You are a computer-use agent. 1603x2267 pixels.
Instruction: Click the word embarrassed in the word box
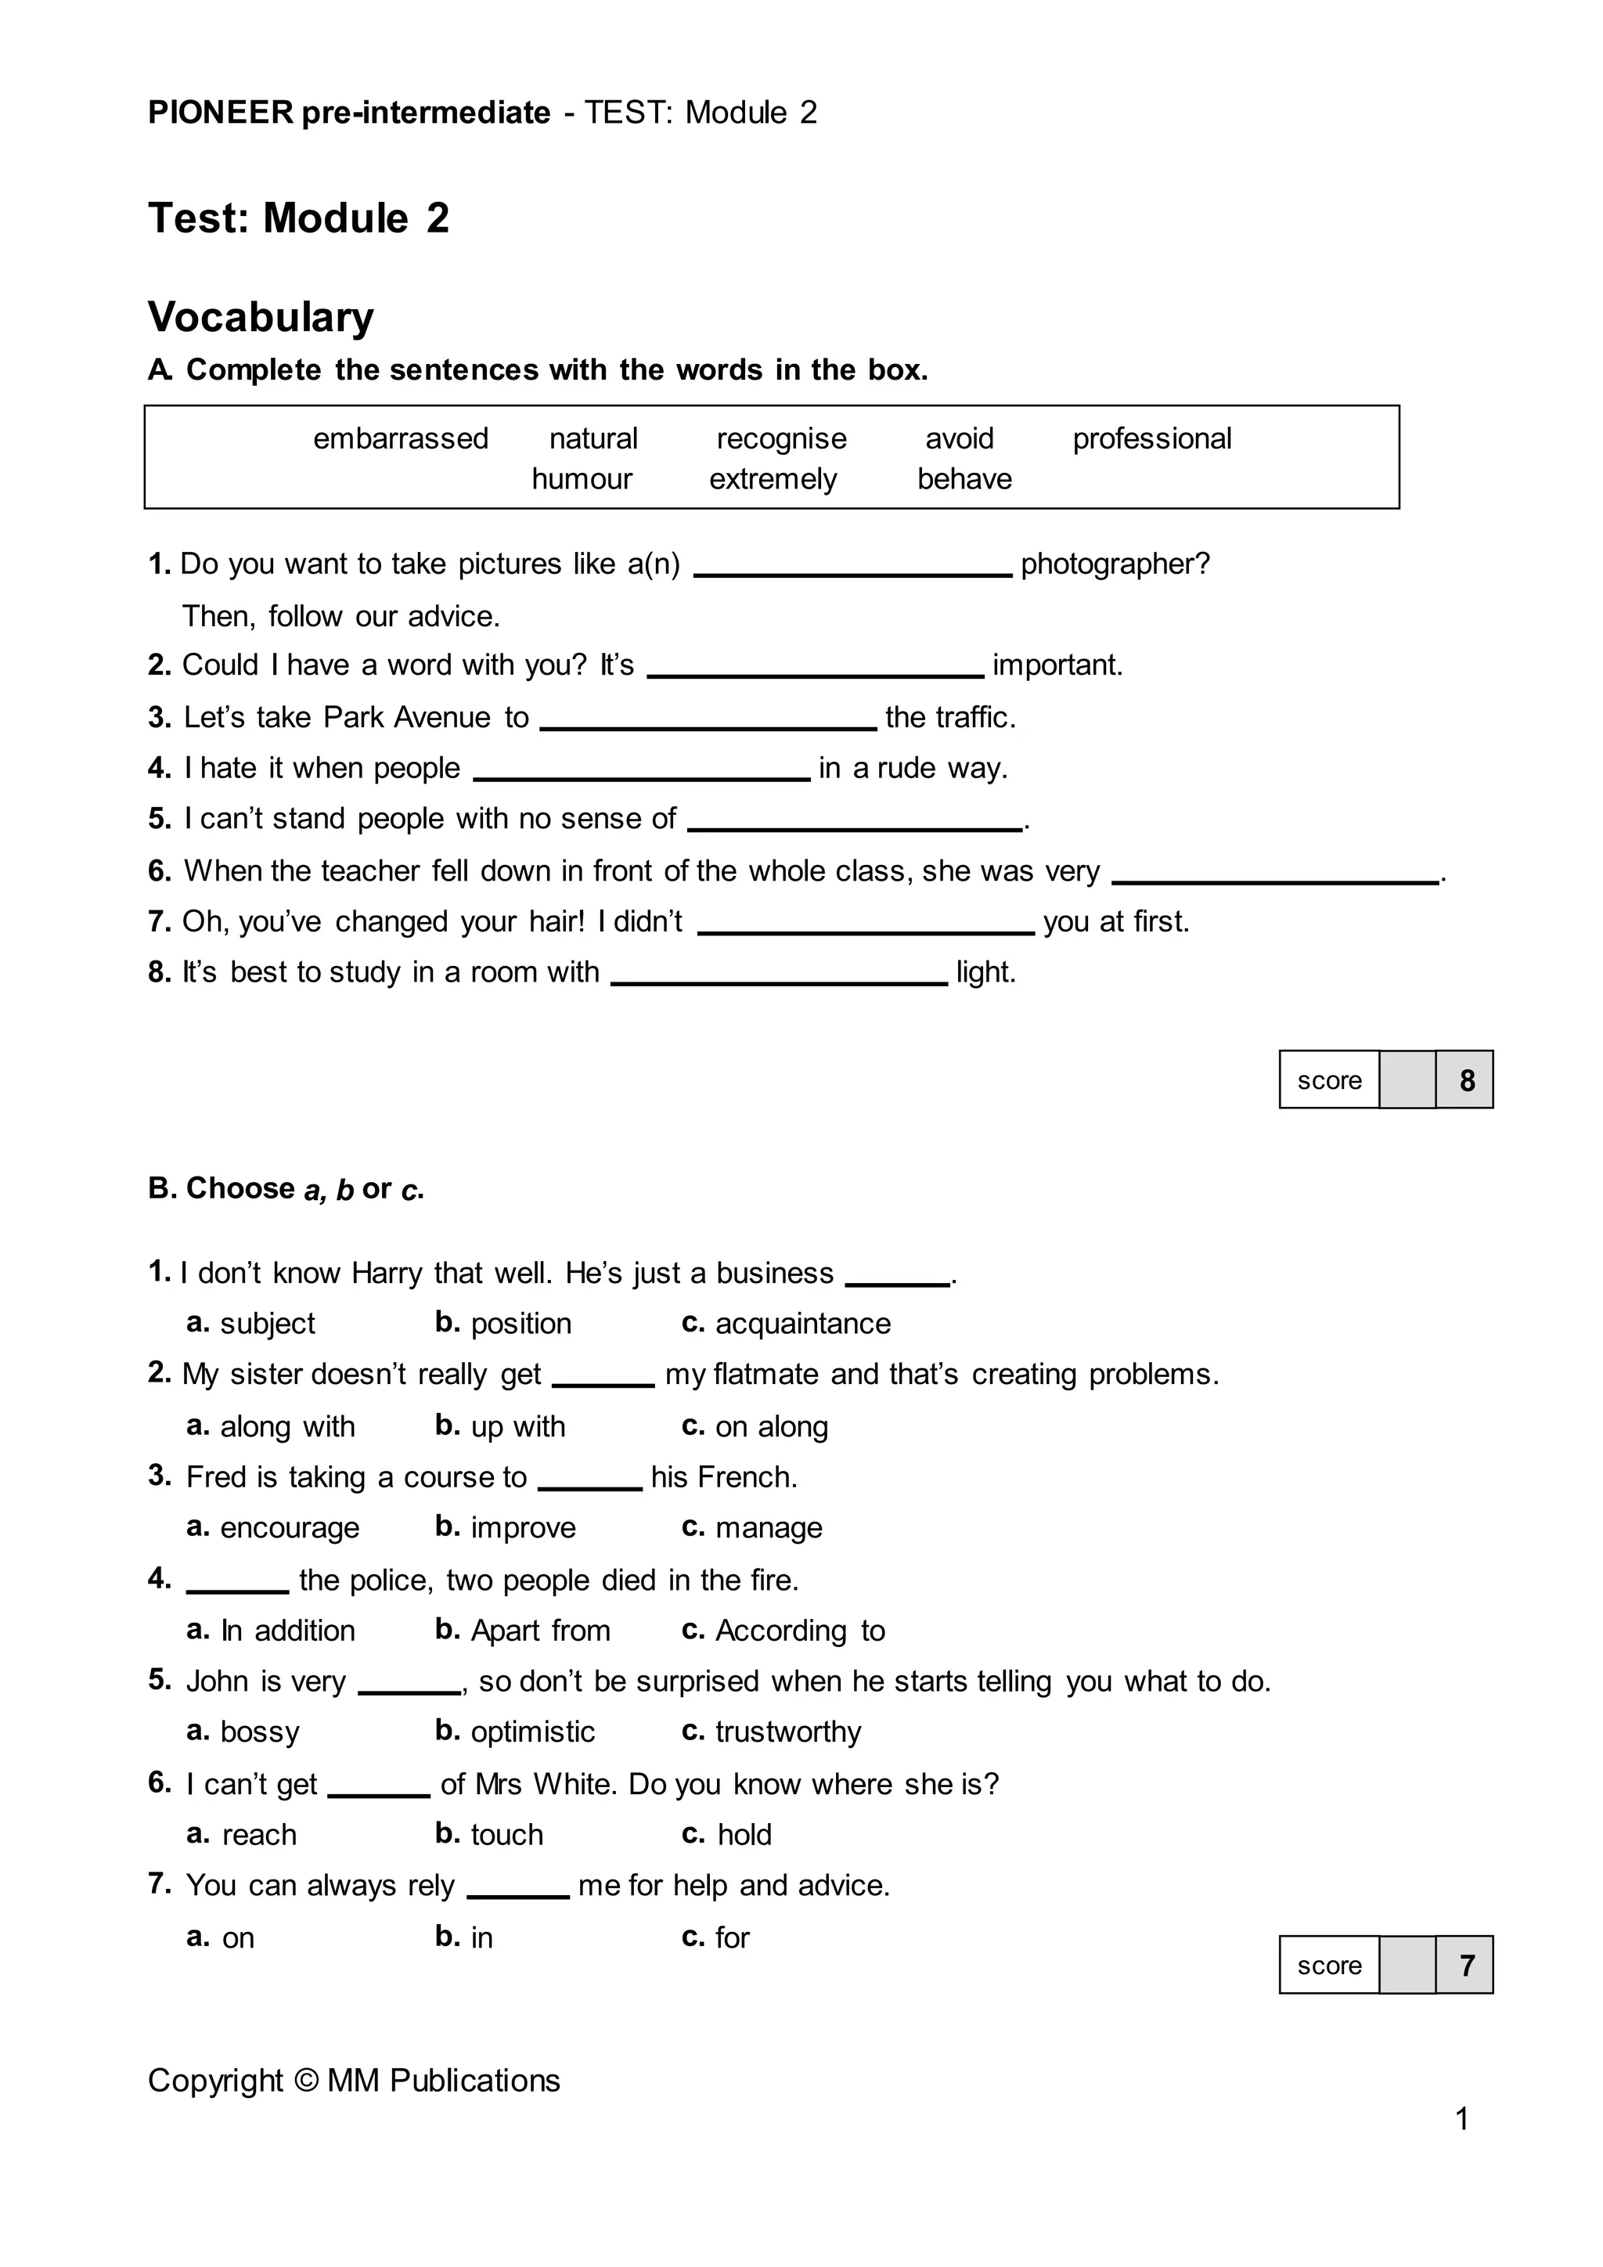[401, 438]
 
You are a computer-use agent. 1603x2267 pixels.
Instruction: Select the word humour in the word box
[582, 479]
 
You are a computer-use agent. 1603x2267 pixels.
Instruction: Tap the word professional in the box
[1152, 438]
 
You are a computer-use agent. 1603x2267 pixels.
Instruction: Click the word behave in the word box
[964, 479]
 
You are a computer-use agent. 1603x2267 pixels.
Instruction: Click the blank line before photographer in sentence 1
[853, 570]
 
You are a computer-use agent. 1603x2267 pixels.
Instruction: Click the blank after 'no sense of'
[855, 824]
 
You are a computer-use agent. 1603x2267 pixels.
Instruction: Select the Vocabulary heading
[261, 317]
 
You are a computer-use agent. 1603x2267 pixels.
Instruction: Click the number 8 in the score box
[1467, 1080]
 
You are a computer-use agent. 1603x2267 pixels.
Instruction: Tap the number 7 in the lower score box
[1467, 1966]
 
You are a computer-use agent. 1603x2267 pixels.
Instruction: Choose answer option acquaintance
[801, 1324]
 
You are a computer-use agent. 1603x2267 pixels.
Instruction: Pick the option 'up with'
[517, 1427]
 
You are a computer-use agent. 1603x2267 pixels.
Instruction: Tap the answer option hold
[744, 1836]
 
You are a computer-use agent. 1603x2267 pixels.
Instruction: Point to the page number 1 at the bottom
[1463, 2119]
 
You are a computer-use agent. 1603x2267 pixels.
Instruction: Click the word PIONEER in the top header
[220, 113]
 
